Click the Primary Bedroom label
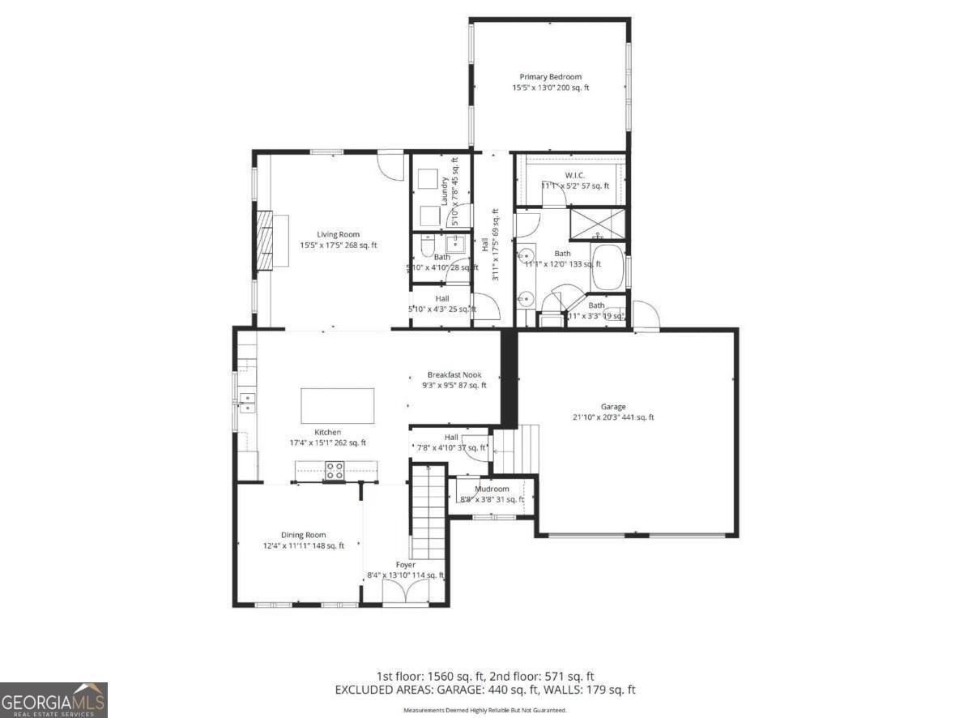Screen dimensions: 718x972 coord(550,77)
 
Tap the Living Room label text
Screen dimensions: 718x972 coord(338,234)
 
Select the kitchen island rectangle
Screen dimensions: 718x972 coord(338,404)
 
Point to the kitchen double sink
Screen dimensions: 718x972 coord(247,398)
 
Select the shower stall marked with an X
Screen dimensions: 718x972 coord(598,223)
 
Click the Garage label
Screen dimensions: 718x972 coord(612,407)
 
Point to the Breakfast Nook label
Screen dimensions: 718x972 coord(454,374)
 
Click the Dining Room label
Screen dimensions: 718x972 coord(303,534)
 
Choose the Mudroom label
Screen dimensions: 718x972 coord(492,489)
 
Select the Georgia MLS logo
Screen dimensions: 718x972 coord(53,700)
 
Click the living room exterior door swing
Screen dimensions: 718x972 coord(391,165)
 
